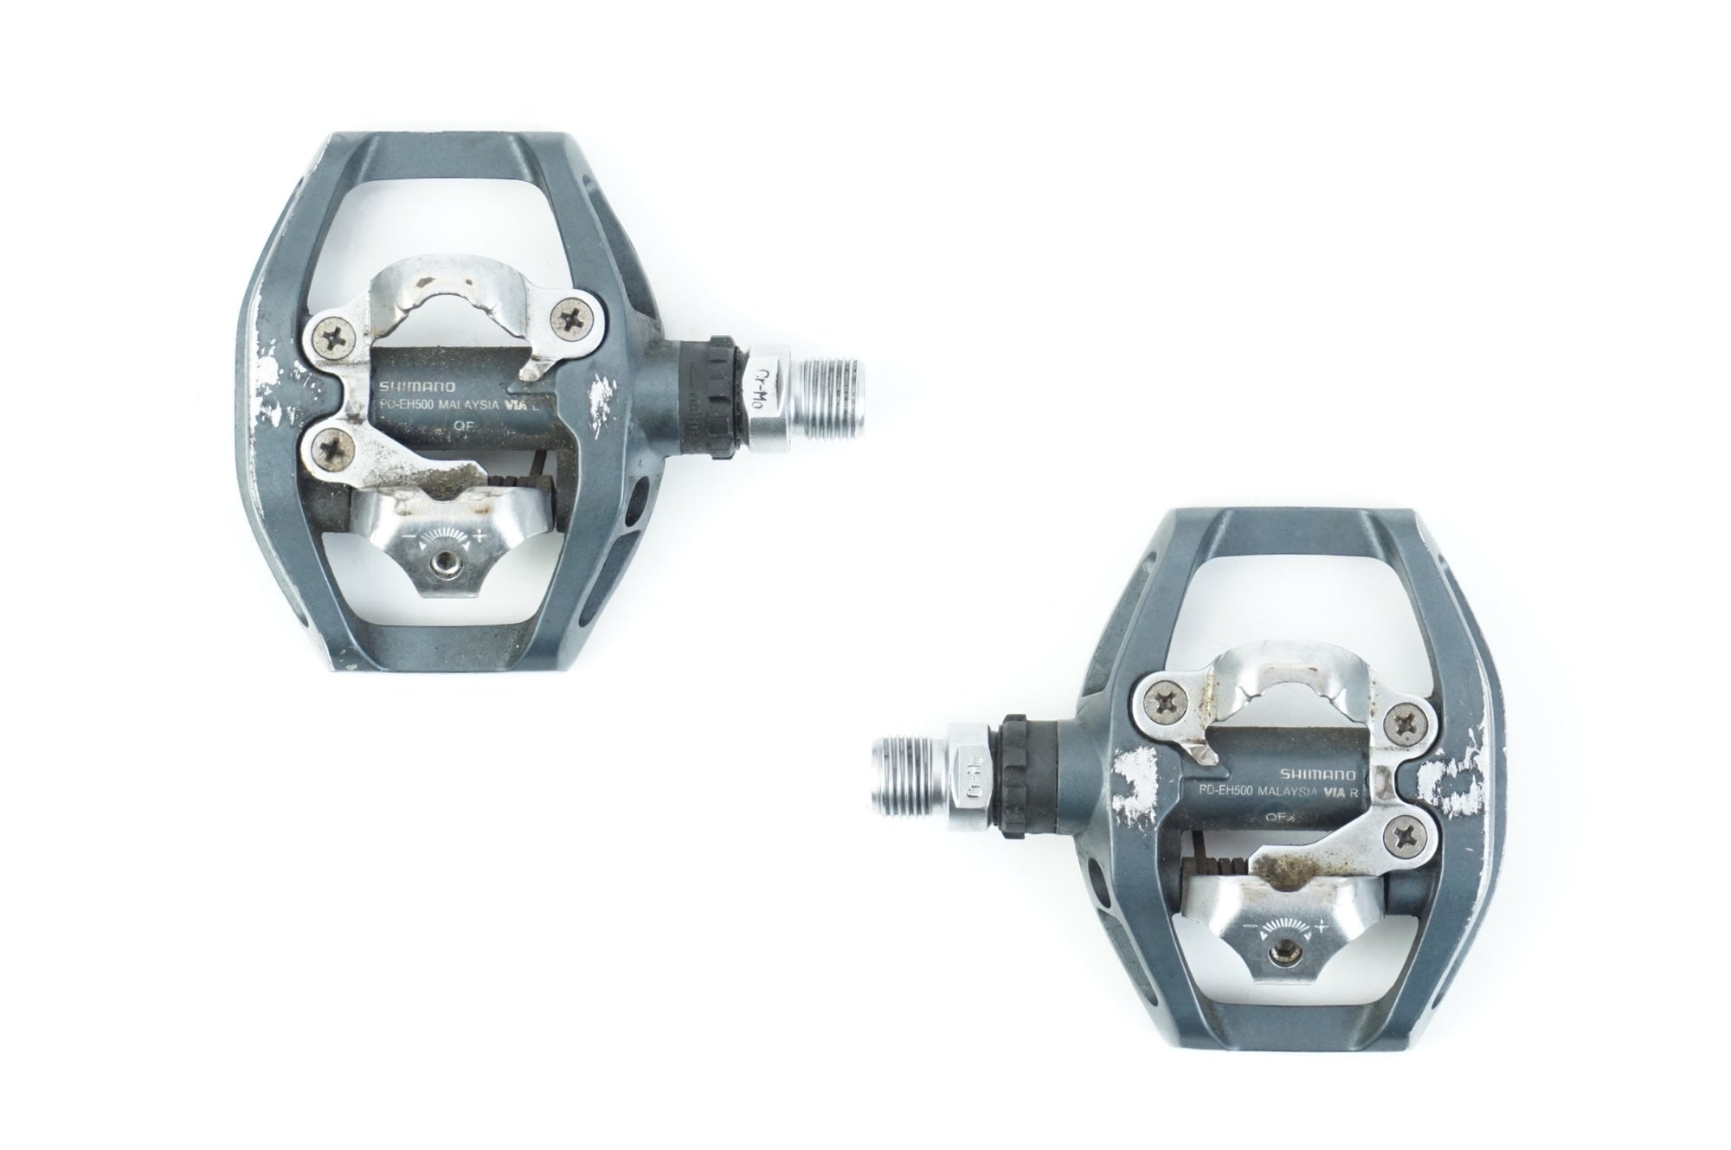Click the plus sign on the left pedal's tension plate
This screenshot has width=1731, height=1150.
click(x=479, y=538)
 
